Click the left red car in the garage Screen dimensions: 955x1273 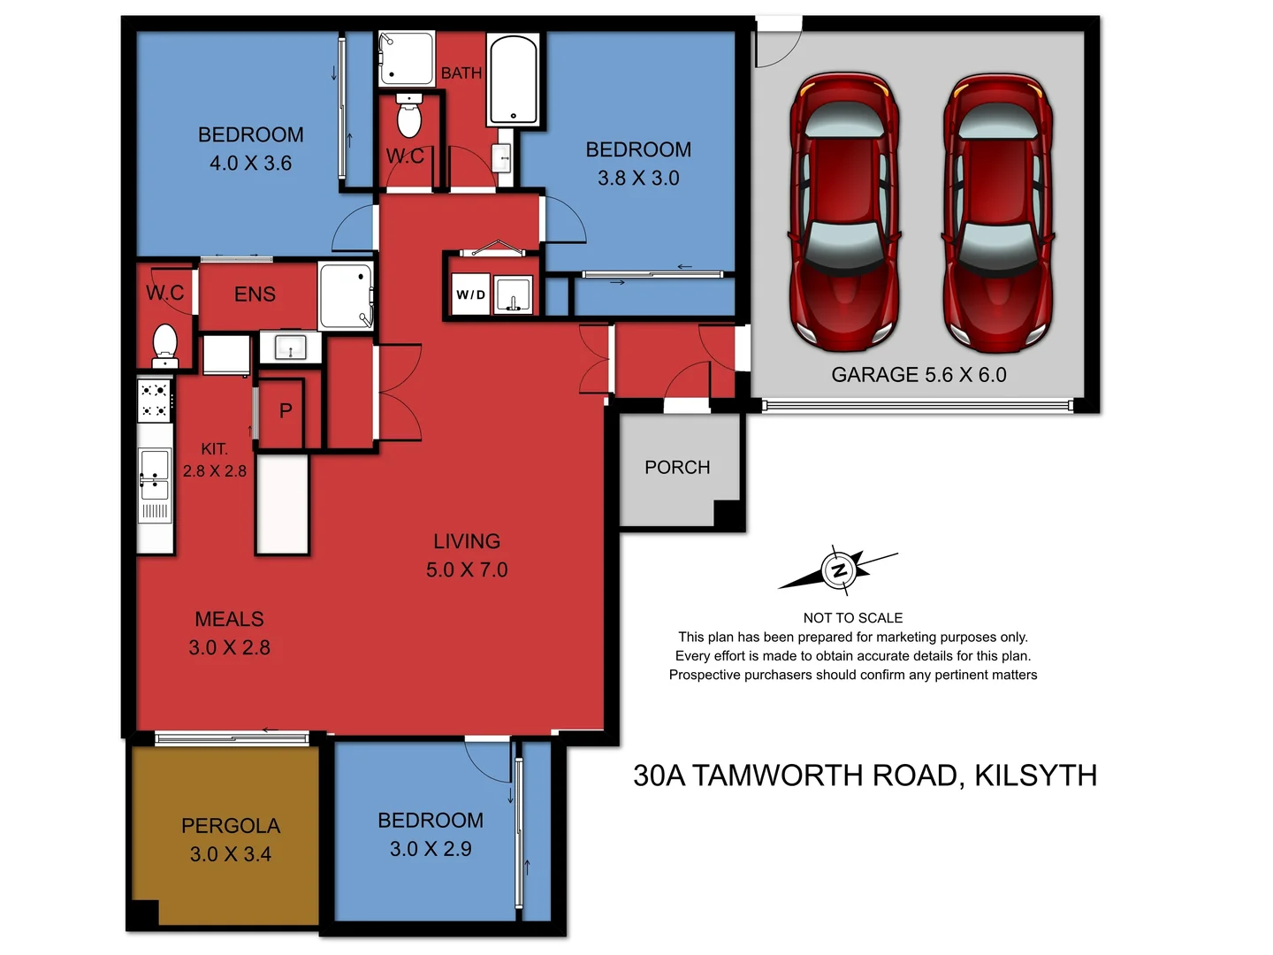pyautogui.click(x=844, y=212)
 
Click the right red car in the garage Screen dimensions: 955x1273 pyautogui.click(x=997, y=212)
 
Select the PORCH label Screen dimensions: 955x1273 pyautogui.click(x=677, y=467)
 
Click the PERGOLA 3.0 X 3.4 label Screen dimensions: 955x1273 pyautogui.click(x=231, y=840)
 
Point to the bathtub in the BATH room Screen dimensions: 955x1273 pyautogui.click(x=513, y=80)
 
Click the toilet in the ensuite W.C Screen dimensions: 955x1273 pyautogui.click(x=165, y=345)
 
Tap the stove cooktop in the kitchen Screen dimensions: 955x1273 pyautogui.click(x=155, y=401)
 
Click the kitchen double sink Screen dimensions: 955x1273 pyautogui.click(x=155, y=476)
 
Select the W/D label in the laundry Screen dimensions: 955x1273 pyautogui.click(x=470, y=294)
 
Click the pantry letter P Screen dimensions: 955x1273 pyautogui.click(x=286, y=411)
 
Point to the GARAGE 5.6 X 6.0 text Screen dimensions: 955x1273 pyautogui.click(x=919, y=375)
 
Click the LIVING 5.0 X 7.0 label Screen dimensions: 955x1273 pyautogui.click(x=467, y=555)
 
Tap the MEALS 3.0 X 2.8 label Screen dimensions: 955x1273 pyautogui.click(x=229, y=633)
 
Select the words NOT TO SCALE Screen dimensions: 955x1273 pyautogui.click(x=852, y=618)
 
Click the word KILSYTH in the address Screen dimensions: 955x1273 pyautogui.click(x=1035, y=775)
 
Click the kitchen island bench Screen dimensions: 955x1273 pyautogui.click(x=282, y=504)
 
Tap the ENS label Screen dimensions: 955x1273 pyautogui.click(x=255, y=294)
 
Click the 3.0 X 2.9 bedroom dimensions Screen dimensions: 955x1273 pyautogui.click(x=431, y=849)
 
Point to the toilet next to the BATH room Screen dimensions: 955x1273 pyautogui.click(x=408, y=118)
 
